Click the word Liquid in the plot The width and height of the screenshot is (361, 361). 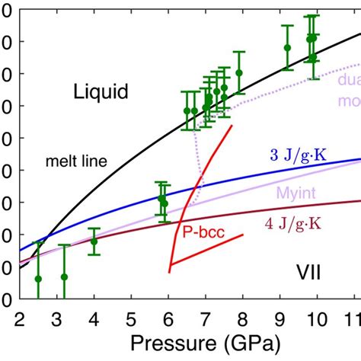pyautogui.click(x=101, y=93)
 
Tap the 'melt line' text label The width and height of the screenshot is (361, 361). pyautogui.click(x=76, y=161)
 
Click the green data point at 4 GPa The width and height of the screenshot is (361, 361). pyautogui.click(x=94, y=241)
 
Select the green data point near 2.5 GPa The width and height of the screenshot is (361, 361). pyautogui.click(x=38, y=279)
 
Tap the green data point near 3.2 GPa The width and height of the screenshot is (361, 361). pyautogui.click(x=64, y=276)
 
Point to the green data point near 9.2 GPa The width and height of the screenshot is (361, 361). pyautogui.click(x=287, y=47)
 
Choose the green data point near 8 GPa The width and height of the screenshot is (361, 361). pyautogui.click(x=239, y=72)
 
